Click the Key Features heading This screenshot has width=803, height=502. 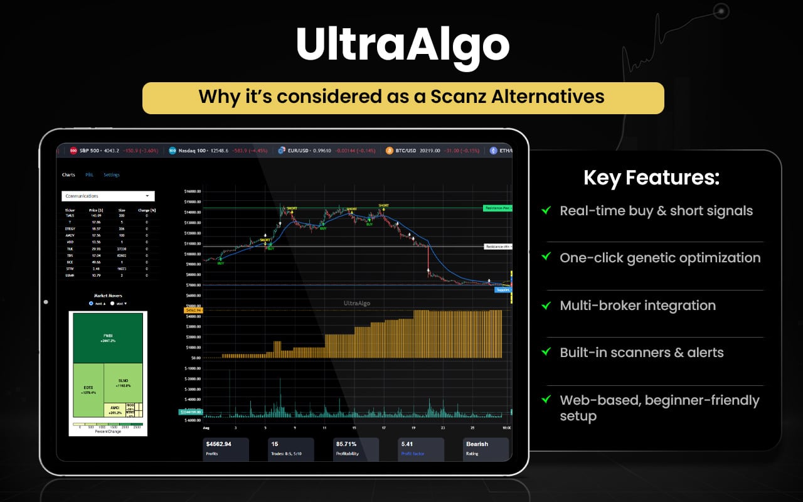(651, 178)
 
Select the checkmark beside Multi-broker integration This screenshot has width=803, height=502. (546, 305)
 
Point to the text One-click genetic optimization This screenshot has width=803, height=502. (660, 258)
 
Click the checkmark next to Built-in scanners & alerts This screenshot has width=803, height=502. (546, 352)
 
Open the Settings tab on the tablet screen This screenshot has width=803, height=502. (112, 174)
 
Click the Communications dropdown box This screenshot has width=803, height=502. (108, 196)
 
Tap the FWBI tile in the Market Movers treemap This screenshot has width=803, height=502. (108, 338)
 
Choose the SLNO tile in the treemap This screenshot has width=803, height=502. (124, 382)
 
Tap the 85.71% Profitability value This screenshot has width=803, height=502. (347, 444)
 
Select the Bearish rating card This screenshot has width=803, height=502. (485, 447)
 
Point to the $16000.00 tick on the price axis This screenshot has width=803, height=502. (191, 191)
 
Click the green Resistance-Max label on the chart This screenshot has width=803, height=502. (497, 208)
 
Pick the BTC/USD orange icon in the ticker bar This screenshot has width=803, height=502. (390, 151)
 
